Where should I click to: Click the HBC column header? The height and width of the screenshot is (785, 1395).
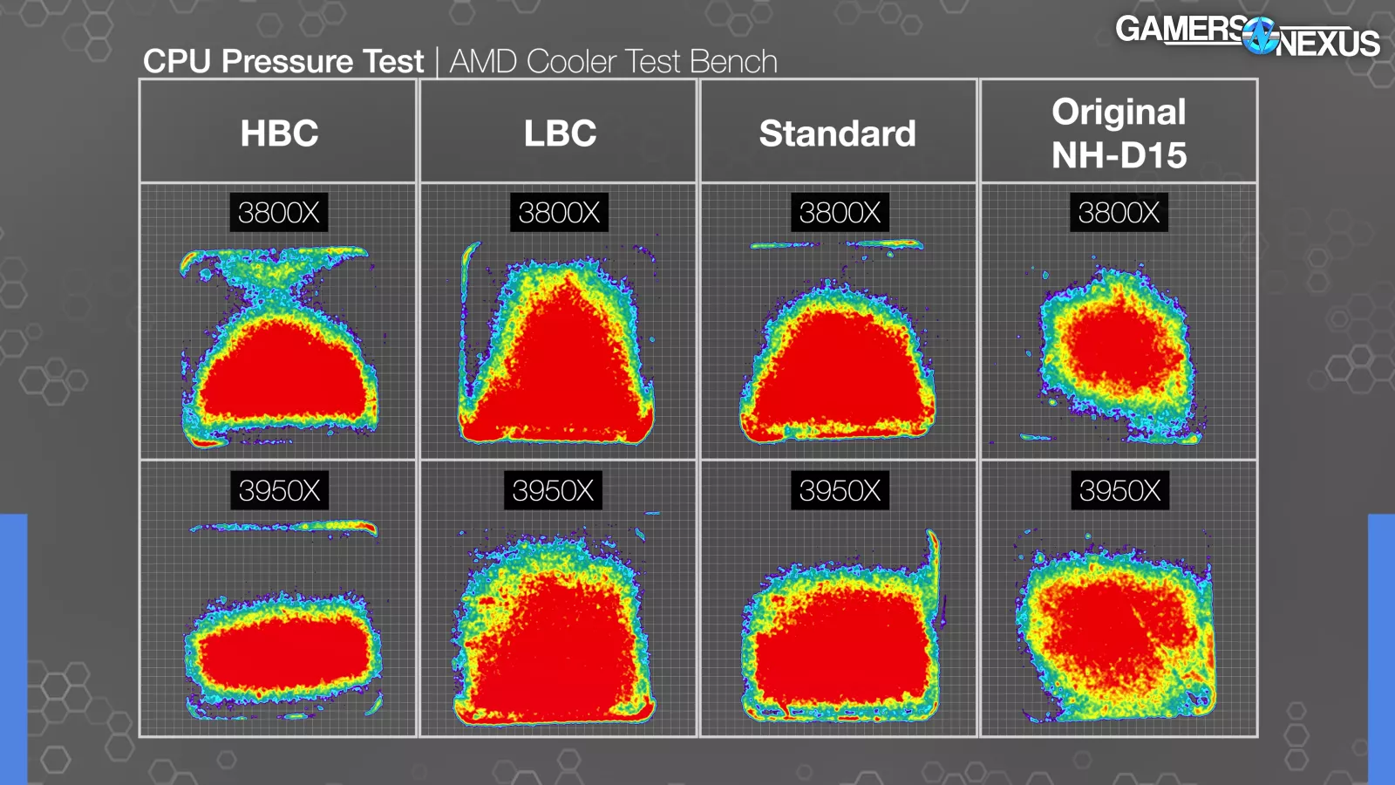(279, 133)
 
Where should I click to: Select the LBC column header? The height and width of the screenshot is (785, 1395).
(560, 133)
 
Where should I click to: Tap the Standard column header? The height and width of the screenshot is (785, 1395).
(837, 133)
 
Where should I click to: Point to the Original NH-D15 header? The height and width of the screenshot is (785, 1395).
(1119, 133)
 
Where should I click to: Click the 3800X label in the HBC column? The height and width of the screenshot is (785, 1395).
(279, 213)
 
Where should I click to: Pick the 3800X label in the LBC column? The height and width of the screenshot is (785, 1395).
(559, 213)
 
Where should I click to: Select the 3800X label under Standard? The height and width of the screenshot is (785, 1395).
(840, 213)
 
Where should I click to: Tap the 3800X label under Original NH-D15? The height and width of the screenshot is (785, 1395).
(1119, 213)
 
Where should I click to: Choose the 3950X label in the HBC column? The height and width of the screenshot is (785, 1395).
(279, 491)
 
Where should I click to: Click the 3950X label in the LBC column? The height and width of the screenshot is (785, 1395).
(553, 491)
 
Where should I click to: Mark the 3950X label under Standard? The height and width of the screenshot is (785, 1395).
(840, 491)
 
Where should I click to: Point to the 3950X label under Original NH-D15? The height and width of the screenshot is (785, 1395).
(1119, 491)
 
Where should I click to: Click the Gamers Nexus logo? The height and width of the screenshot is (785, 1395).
(1247, 36)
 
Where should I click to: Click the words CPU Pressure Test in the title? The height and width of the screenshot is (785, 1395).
(283, 62)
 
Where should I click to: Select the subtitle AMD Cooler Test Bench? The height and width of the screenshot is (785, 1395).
(613, 62)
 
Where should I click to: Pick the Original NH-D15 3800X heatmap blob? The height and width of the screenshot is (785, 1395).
(1116, 349)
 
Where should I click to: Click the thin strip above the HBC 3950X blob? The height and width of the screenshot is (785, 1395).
(284, 527)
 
